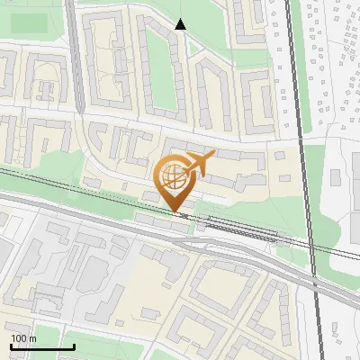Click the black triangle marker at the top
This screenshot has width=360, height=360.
(x=180, y=24)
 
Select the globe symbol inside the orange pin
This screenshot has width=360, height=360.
(x=175, y=174)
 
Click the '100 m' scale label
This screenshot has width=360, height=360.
(x=23, y=337)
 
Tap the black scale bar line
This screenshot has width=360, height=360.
(x=42, y=346)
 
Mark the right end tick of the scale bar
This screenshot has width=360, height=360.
(x=74, y=345)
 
